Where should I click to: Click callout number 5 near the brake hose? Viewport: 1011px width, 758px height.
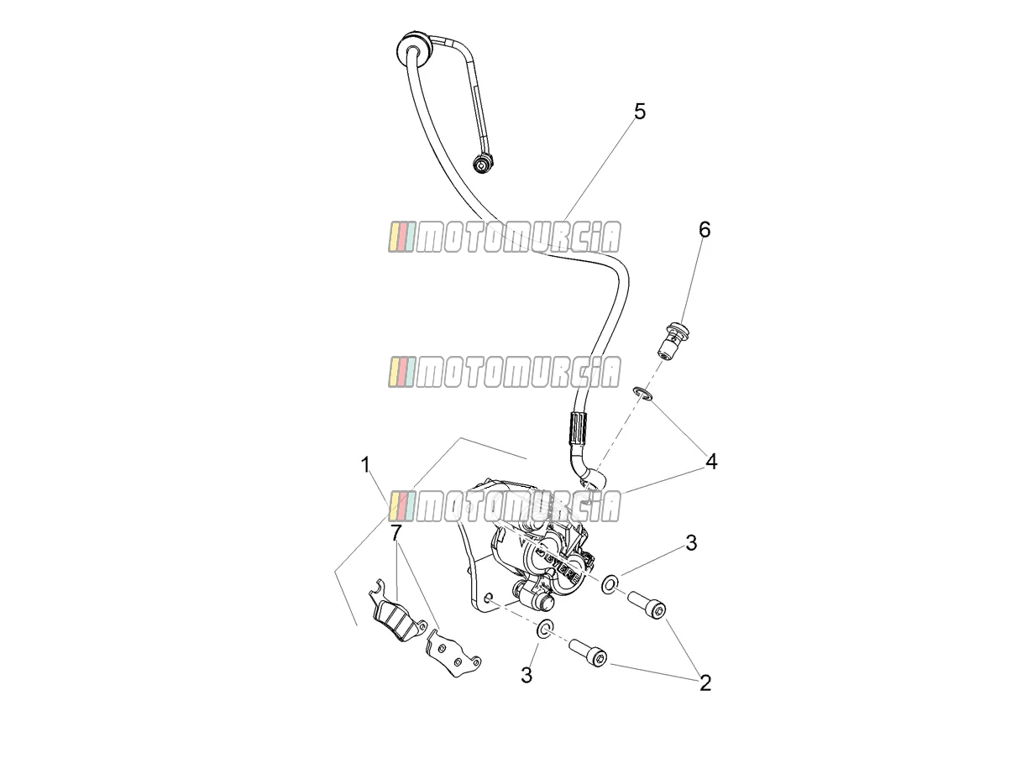click(640, 112)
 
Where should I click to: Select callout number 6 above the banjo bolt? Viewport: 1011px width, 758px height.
click(705, 230)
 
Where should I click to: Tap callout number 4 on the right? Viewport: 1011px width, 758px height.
click(711, 462)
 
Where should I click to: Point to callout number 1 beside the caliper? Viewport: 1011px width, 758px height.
click(366, 465)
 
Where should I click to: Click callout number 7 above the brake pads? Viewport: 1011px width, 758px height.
click(396, 532)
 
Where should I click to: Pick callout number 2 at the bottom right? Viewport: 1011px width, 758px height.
click(705, 683)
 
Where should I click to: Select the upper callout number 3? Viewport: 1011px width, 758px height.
click(691, 543)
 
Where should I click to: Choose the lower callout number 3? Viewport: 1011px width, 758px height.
click(526, 675)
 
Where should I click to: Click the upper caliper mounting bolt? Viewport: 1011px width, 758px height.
click(647, 604)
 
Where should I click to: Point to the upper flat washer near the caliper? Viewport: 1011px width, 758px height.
click(610, 583)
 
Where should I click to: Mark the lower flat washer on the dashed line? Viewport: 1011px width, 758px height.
click(545, 629)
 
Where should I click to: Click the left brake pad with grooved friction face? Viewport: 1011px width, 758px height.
click(398, 612)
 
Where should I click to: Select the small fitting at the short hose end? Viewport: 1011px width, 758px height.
click(483, 164)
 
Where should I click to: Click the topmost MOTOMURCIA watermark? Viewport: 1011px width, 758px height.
click(505, 237)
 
